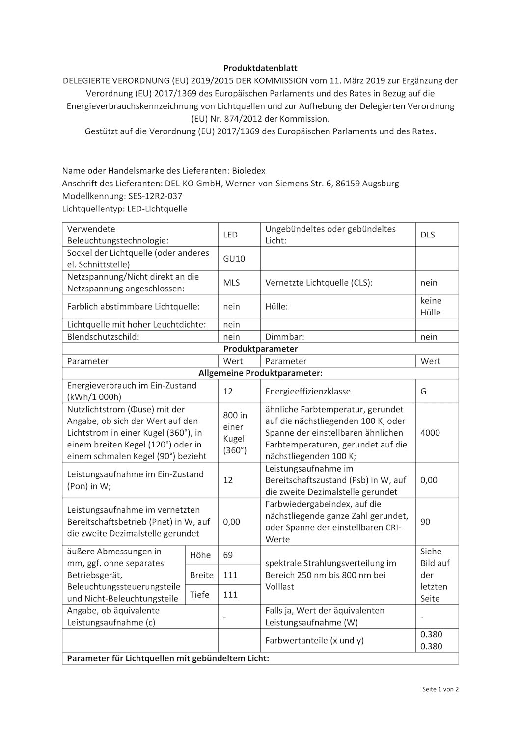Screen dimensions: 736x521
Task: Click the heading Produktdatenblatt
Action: pos(260,68)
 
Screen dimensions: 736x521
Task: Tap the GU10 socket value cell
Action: pos(234,259)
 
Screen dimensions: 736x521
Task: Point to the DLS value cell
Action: pos(428,235)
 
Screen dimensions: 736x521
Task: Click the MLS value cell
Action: pos(232,283)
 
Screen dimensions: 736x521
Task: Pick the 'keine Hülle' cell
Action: pos(431,307)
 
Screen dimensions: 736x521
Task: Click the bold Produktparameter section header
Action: pos(260,349)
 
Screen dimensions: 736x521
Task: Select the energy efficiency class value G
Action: pos(423,391)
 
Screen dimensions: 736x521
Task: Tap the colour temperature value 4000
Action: pos(430,433)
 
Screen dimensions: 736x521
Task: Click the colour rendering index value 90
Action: pos(425,522)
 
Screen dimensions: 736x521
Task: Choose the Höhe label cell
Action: pos(200,555)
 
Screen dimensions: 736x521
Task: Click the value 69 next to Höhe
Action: pos(228,555)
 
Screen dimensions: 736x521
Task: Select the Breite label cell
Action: pos(202,575)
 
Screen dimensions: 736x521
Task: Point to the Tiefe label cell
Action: pos(200,594)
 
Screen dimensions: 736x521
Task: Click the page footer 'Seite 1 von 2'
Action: pos(440,689)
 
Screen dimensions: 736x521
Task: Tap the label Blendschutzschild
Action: pos(103,337)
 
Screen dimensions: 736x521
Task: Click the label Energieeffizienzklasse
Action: pos(308,391)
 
